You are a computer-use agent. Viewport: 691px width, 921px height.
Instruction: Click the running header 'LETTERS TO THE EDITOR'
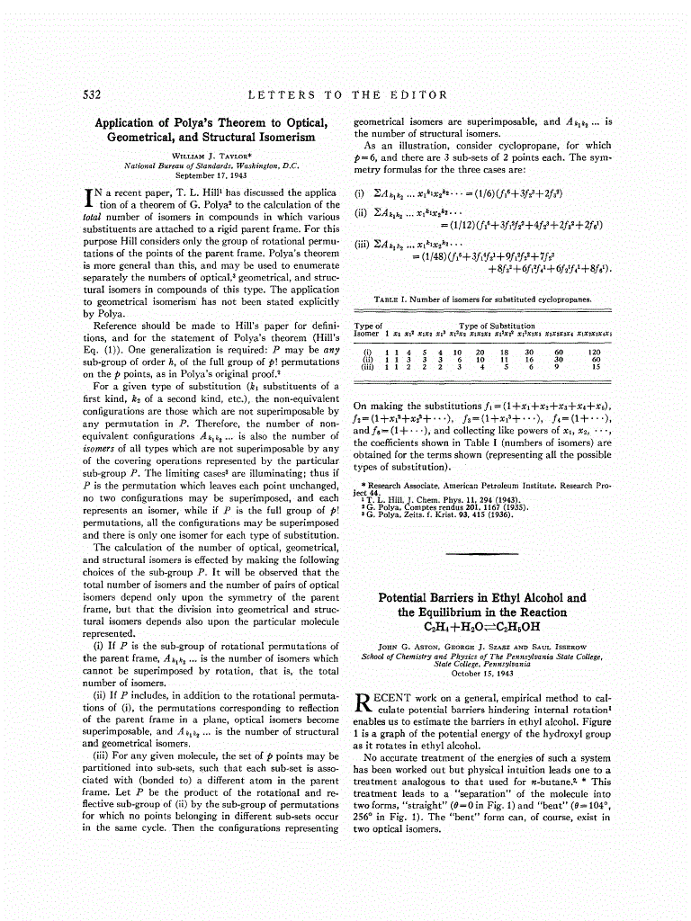(347, 94)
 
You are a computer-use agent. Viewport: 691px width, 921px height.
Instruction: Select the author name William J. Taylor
(211, 156)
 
